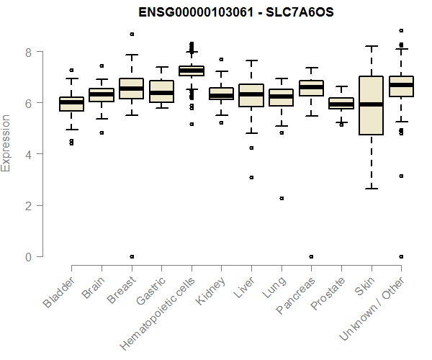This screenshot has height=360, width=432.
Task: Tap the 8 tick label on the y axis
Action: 29,52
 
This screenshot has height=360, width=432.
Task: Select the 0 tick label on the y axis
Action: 29,256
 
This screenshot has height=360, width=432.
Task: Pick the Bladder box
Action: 71,104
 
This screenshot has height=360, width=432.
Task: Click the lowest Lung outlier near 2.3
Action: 282,198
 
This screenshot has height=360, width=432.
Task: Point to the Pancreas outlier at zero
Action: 311,256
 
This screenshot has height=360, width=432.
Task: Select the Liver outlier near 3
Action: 251,177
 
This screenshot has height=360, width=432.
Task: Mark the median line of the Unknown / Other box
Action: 401,85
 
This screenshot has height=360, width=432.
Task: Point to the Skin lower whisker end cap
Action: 371,189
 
